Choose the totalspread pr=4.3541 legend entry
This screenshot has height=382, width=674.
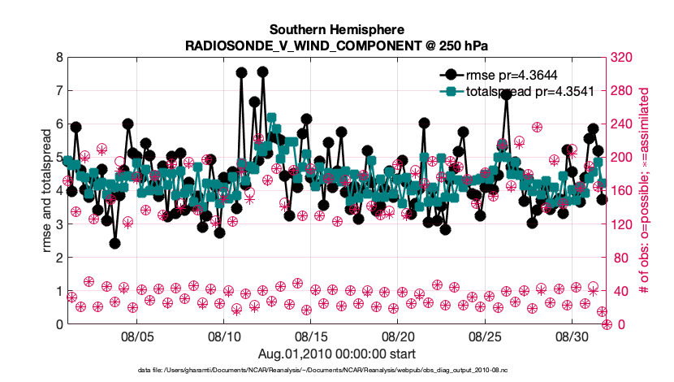527,92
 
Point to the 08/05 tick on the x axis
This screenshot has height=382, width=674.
137,336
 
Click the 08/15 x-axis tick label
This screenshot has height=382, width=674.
311,336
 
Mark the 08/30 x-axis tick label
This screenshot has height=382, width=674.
572,336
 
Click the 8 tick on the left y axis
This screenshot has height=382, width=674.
58,58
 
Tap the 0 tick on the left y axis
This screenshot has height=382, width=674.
58,324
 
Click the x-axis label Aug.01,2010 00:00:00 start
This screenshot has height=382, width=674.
337,354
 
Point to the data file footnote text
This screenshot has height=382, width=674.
337,370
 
